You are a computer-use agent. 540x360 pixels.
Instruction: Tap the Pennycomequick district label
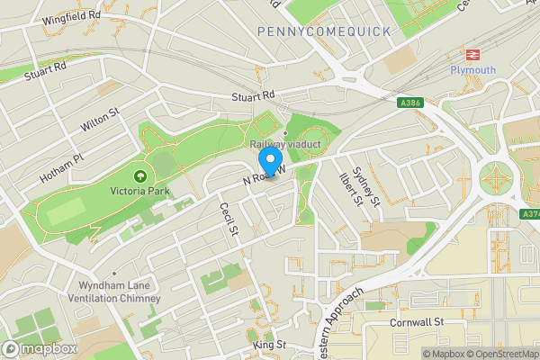[324, 31]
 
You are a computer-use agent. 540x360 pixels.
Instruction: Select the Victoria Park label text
[139, 190]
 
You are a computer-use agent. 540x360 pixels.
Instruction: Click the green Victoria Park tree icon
[139, 175]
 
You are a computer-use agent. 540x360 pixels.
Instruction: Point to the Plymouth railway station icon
[473, 55]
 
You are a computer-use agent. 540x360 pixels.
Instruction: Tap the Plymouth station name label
[472, 70]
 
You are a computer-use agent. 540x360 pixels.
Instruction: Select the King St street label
[269, 345]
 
